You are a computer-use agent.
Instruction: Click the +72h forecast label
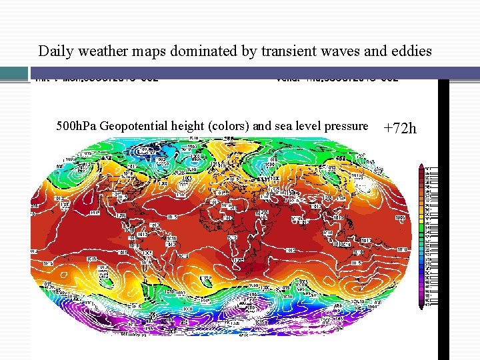tap(400, 128)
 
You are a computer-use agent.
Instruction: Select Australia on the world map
tap(350, 257)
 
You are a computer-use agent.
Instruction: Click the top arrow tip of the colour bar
tap(422, 165)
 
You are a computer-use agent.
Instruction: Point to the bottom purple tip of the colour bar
tap(422, 307)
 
